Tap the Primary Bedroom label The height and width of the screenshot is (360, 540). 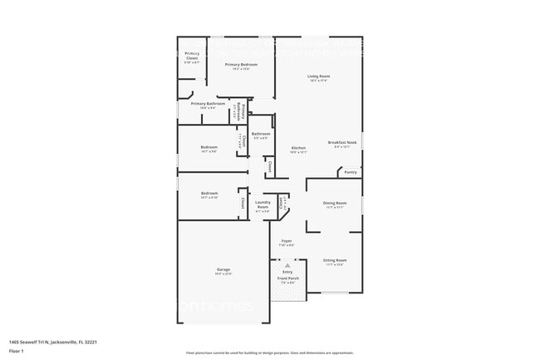238,64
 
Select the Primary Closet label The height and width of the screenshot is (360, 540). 191,56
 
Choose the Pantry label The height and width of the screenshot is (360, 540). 351,172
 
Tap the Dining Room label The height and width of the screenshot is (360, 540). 335,203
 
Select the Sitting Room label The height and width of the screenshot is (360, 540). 335,260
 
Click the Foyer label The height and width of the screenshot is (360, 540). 286,241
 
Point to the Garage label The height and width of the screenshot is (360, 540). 223,271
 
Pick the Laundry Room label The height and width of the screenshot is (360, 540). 263,204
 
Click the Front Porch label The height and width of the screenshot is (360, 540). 287,280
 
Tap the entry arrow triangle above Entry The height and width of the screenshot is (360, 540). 287,265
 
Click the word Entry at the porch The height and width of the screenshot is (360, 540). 287,272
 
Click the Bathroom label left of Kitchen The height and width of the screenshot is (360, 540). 261,134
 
